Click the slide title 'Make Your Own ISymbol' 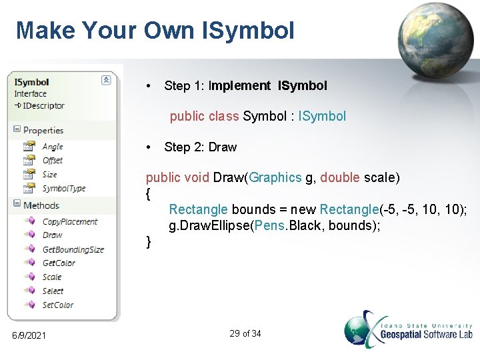tap(155, 30)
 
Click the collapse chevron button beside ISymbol tap(106, 80)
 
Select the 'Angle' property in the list tap(52, 147)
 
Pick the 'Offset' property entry tap(52, 161)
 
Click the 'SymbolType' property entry tap(63, 189)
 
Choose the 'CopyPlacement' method tap(69, 222)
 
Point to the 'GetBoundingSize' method tap(73, 249)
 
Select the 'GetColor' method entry tap(59, 263)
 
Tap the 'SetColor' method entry tap(57, 305)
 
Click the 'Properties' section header tap(43, 131)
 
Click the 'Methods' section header tap(41, 205)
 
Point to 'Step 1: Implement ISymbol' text tap(245, 86)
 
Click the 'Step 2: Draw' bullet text tap(200, 147)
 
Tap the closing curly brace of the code tap(149, 241)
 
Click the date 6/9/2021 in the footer tap(29, 335)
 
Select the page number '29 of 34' tap(245, 333)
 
